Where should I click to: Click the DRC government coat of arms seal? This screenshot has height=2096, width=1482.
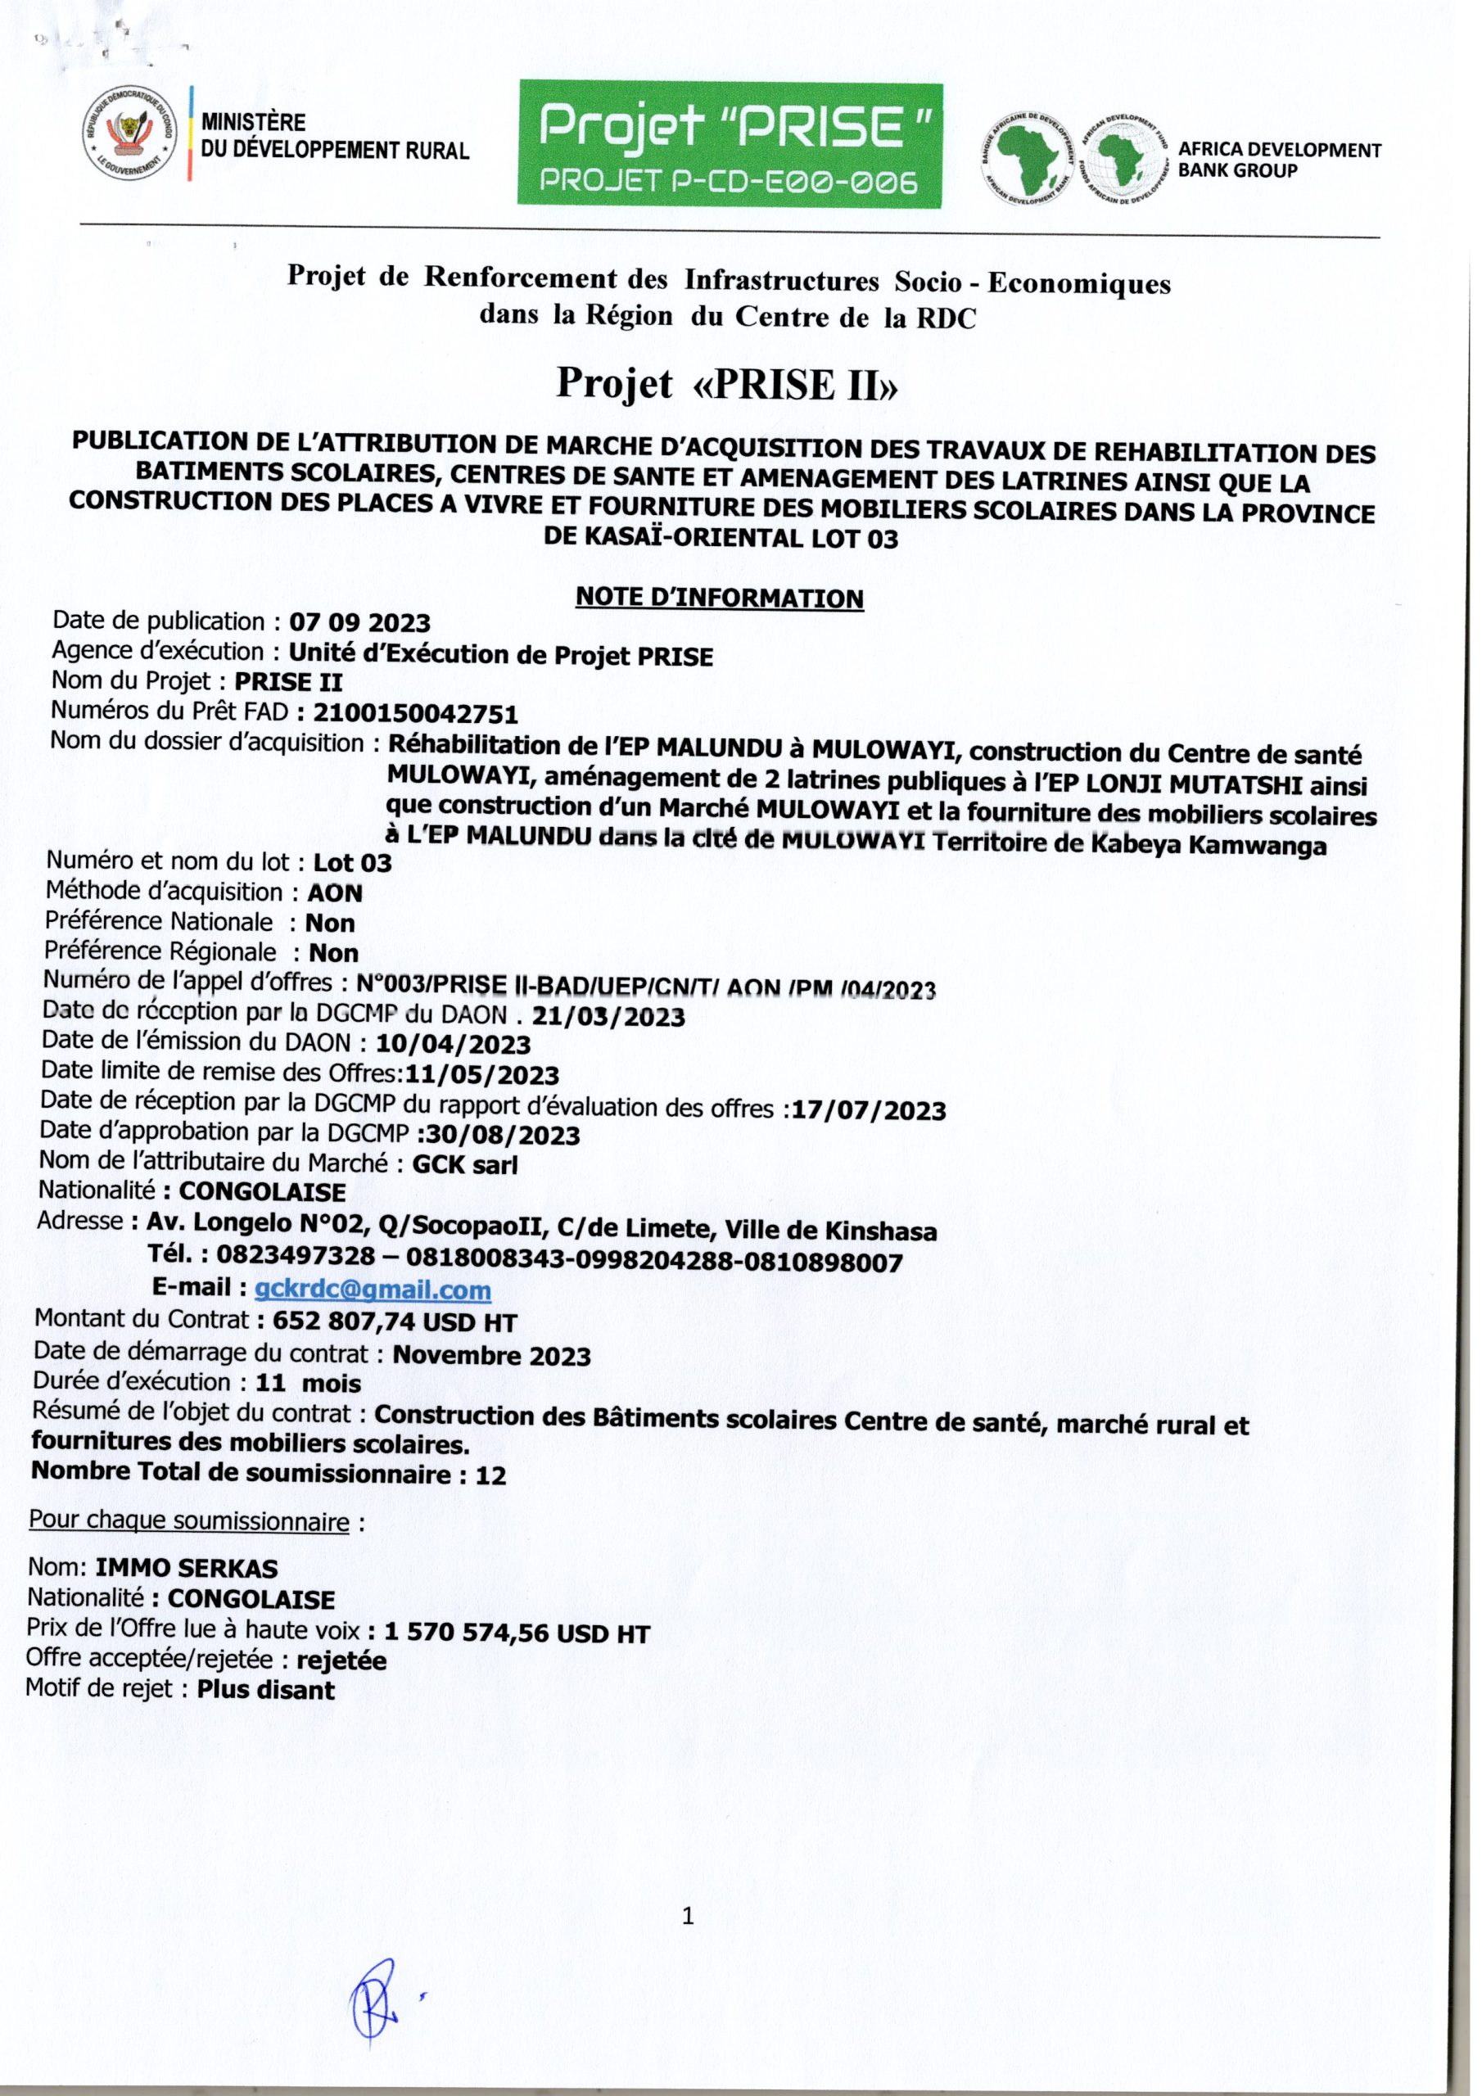pos(129,134)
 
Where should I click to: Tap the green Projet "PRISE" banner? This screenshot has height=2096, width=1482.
pos(730,143)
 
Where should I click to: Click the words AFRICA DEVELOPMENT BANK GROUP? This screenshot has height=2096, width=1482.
pos(1278,160)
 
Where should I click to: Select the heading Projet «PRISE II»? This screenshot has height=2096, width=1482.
pos(727,383)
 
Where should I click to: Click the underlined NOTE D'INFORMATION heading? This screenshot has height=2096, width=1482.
pos(719,598)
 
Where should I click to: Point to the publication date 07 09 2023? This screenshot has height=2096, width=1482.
pos(359,624)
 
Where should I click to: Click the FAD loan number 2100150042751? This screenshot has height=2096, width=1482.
pos(415,713)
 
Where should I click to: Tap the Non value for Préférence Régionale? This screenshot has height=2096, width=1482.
pos(333,953)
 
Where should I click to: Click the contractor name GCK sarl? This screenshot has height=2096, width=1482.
pos(465,1165)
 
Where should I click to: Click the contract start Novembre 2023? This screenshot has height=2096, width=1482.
pos(491,1355)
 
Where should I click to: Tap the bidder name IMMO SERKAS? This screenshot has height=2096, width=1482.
pos(187,1569)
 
